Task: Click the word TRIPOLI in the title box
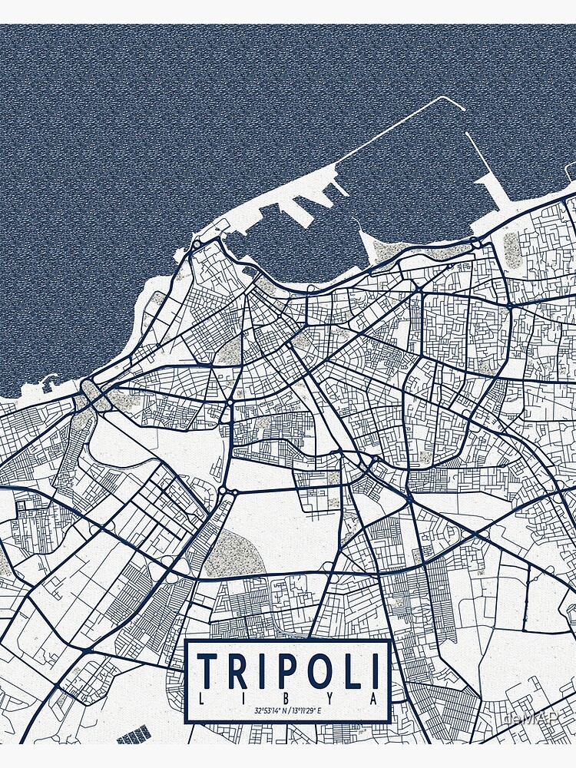(288, 670)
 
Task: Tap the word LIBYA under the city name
(288, 699)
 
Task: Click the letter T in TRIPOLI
(207, 670)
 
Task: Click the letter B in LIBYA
(288, 699)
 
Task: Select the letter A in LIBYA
(373, 699)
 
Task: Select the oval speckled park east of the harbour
(511, 249)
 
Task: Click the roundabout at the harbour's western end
(197, 244)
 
